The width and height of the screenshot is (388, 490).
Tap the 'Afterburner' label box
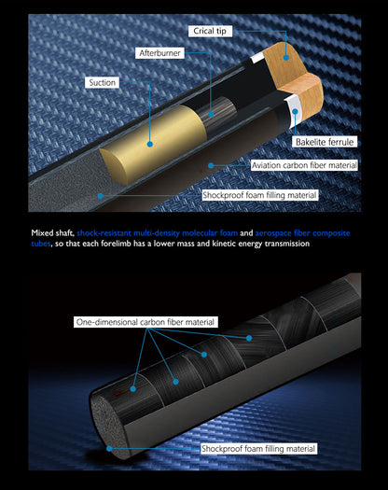click(x=161, y=54)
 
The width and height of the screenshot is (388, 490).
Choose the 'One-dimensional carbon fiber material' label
click(x=145, y=322)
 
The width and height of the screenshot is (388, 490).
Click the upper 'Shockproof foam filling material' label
click(x=258, y=196)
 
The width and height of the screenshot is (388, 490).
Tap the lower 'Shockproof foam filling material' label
click(x=257, y=448)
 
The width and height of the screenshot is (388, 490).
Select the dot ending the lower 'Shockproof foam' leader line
click(x=109, y=448)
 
